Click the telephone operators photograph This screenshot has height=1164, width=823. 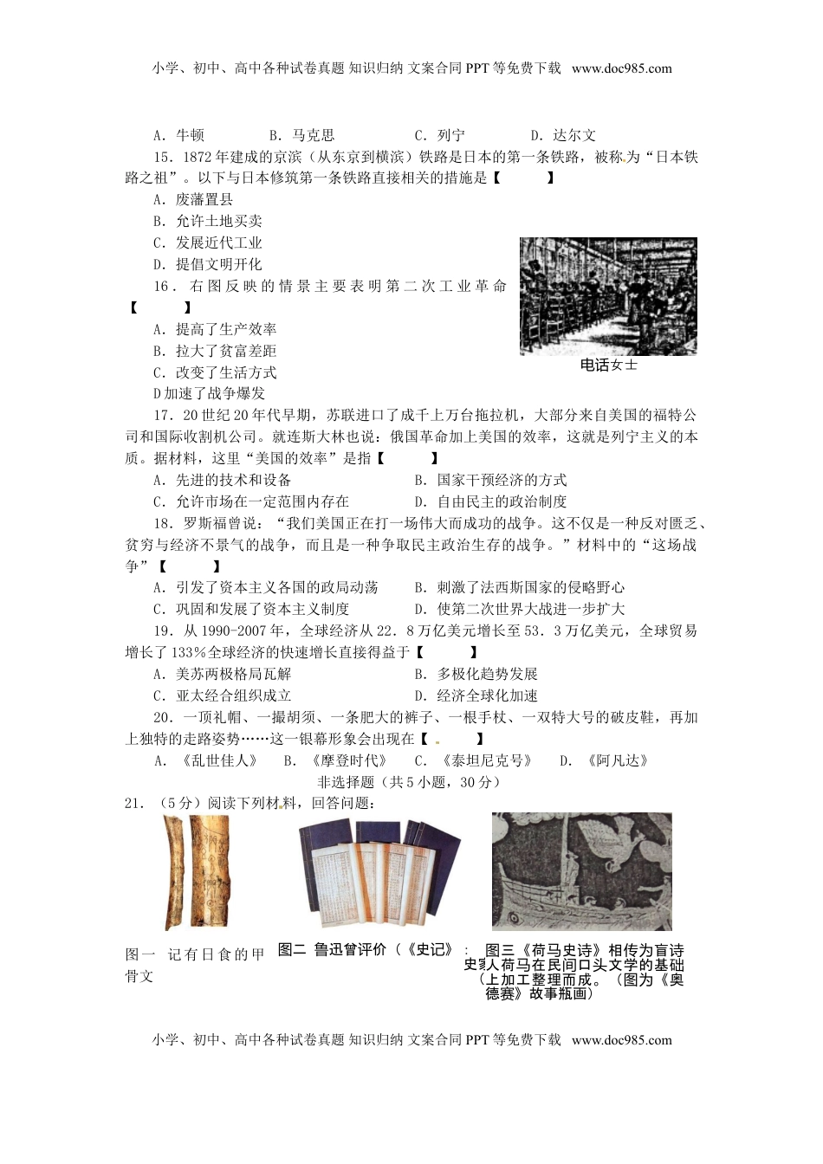pos(608,295)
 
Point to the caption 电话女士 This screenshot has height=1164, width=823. pos(608,365)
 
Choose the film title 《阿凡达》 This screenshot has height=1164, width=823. pos(616,760)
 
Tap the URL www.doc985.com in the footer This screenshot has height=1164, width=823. pos(622,1040)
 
